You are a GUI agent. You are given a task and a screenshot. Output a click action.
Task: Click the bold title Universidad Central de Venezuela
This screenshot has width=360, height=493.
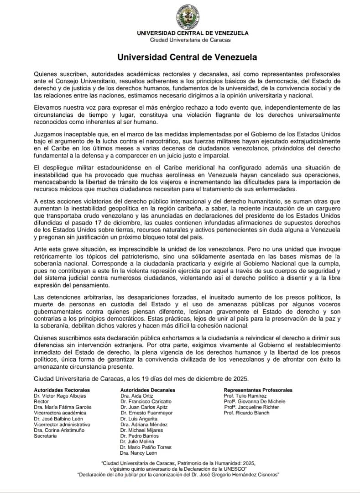(x=187, y=58)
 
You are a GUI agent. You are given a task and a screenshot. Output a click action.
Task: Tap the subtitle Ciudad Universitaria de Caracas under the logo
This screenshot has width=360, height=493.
(x=190, y=40)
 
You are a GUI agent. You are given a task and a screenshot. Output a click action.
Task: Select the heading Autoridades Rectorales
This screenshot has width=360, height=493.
(x=62, y=390)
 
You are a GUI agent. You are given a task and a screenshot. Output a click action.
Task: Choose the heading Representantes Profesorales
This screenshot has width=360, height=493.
(x=258, y=390)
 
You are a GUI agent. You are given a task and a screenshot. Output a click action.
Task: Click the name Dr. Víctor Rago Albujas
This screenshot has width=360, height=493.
(x=60, y=396)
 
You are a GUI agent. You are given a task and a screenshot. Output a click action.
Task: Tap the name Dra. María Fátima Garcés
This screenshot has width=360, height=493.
(x=63, y=407)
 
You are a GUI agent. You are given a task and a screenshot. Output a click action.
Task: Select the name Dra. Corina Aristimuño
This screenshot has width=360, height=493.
(x=59, y=430)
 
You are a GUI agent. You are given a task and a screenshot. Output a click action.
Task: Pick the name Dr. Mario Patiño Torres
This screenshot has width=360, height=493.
(x=146, y=447)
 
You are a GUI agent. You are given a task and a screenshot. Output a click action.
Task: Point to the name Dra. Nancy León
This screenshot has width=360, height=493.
(x=139, y=453)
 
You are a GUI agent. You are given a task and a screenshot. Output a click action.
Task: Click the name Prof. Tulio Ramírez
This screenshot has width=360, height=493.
(x=245, y=396)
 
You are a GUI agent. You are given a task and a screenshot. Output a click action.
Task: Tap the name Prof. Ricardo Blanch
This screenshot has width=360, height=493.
(x=246, y=413)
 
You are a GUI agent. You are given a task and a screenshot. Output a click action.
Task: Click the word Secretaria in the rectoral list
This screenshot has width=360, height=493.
(x=45, y=436)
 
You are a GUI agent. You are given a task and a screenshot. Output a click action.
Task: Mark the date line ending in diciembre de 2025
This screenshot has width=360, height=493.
(x=141, y=379)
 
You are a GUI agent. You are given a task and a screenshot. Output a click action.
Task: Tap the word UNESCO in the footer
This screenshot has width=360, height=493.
(x=233, y=469)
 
